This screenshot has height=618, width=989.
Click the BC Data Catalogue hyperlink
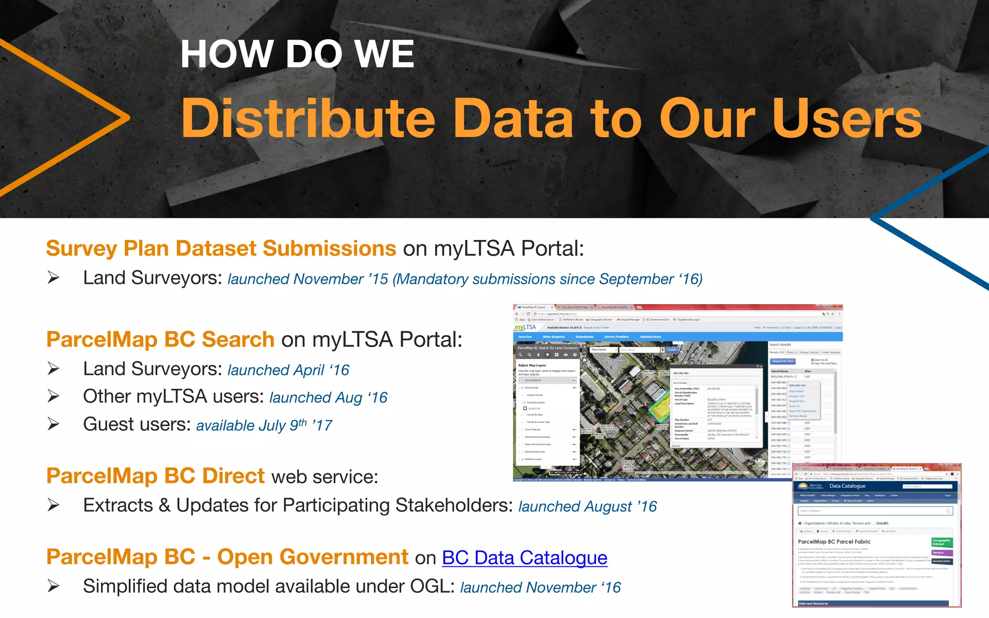524,558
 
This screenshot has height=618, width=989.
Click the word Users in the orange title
847,119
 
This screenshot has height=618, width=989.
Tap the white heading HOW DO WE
297,54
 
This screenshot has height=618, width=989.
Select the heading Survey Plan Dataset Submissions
221,249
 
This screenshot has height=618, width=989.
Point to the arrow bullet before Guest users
54,424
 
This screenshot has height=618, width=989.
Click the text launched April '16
288,370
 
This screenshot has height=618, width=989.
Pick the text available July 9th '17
264,425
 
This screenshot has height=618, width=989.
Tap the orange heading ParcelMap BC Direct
155,476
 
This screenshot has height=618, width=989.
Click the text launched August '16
587,506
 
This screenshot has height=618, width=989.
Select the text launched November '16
540,588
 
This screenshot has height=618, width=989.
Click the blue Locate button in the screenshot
672,350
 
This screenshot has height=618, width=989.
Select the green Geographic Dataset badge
941,542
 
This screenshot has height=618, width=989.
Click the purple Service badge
941,553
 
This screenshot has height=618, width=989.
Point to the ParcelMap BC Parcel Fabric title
834,542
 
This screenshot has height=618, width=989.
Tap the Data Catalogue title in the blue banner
847,486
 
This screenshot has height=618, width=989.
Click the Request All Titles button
782,361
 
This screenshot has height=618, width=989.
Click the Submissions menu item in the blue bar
584,337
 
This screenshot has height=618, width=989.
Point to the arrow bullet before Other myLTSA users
54,396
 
